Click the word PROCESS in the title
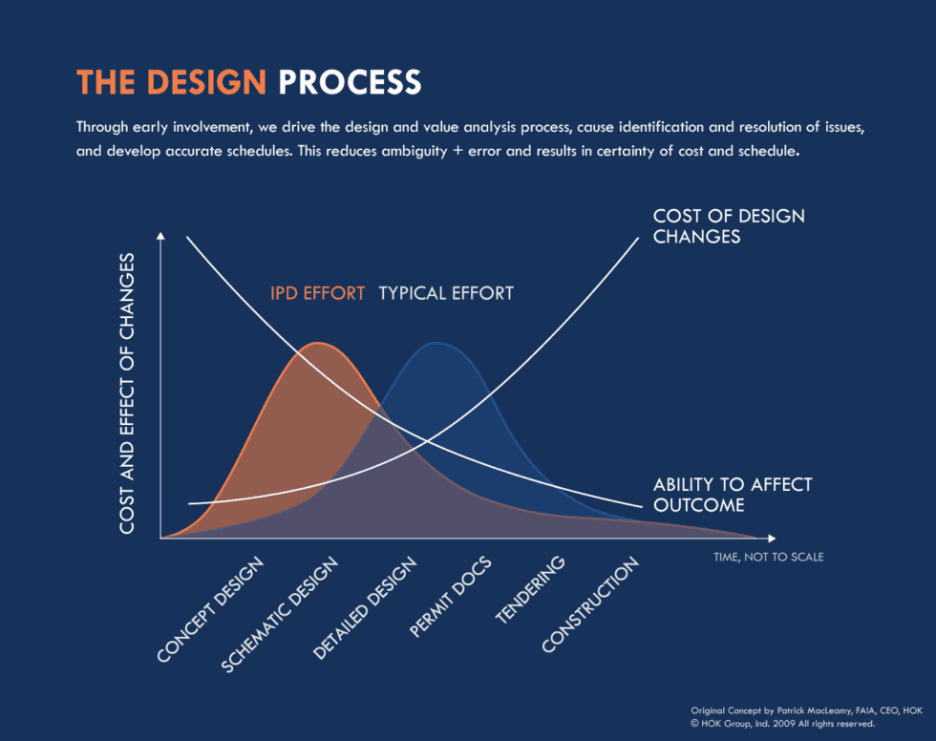[350, 82]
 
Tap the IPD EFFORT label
[317, 293]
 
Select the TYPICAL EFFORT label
[446, 293]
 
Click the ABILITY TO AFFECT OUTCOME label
[732, 494]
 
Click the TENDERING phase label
[530, 591]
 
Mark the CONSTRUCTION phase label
[589, 606]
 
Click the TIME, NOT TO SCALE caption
[768, 556]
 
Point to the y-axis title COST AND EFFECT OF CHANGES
[127, 392]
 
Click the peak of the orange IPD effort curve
[319, 343]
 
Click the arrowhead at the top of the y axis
[160, 235]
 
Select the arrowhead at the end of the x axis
[772, 539]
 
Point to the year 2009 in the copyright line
[784, 723]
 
